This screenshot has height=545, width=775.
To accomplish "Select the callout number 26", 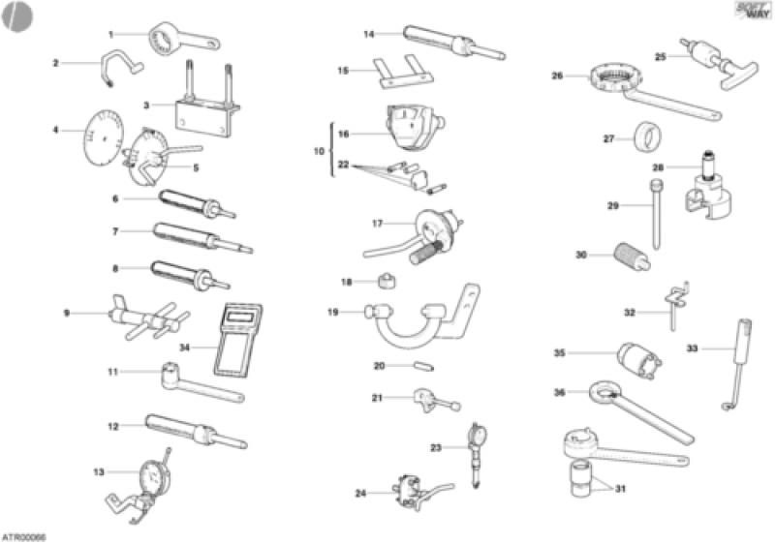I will coord(557,75).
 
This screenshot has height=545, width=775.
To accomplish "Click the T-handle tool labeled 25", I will coord(711,64).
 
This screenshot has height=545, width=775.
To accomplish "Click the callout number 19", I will coord(332,312).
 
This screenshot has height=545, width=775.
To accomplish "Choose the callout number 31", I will coord(620,488).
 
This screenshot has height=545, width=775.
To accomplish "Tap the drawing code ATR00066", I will coord(23,535).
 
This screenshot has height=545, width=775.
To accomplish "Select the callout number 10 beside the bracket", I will coord(319,152).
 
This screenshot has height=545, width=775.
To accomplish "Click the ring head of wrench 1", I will coord(165,41).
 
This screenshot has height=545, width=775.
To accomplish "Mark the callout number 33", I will coord(692,348).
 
